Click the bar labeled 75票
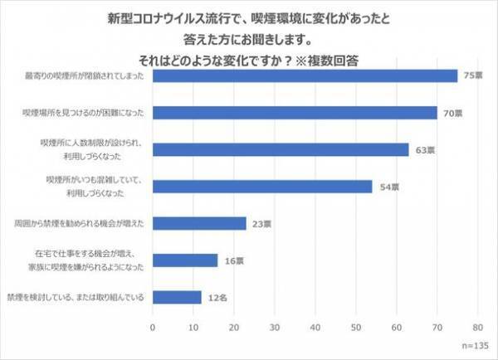tap(305, 76)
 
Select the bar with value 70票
tap(295, 113)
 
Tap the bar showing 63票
tap(281, 149)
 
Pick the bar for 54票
tap(262, 186)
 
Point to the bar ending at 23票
tap(199, 223)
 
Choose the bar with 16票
tap(185, 260)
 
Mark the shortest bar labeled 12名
tap(177, 296)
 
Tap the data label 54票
tap(388, 187)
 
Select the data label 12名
tap(217, 297)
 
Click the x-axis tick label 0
tap(153, 328)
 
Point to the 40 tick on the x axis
tap(315, 328)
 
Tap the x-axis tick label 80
tap(478, 328)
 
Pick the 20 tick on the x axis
tap(234, 328)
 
